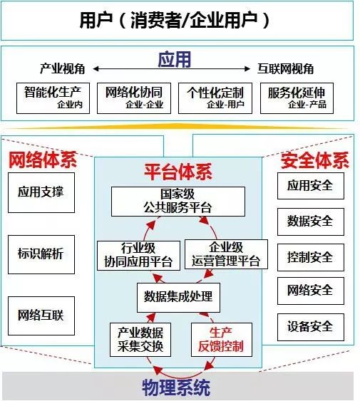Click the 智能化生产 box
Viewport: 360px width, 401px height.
tap(53, 98)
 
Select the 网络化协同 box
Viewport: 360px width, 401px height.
tap(134, 98)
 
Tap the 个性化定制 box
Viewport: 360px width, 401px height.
tap(215, 98)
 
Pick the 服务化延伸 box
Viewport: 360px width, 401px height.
tap(297, 98)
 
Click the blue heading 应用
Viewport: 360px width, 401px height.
tap(175, 60)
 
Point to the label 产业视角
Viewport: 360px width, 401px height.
tap(62, 69)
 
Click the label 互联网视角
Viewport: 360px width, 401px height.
tap(285, 69)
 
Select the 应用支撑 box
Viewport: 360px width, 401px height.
tap(41, 192)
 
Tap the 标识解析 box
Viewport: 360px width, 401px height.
tap(41, 254)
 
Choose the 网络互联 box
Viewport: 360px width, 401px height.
tap(41, 316)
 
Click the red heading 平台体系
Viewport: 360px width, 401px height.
tap(178, 172)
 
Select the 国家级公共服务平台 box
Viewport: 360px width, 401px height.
tap(178, 202)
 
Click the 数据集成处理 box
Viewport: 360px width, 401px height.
tap(178, 298)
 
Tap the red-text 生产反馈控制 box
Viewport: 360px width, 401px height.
tap(222, 340)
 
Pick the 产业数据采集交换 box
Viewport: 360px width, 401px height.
tap(140, 340)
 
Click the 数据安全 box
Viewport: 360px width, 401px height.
tap(311, 222)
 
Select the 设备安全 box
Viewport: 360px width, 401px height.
tap(311, 327)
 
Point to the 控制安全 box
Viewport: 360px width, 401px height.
tap(311, 257)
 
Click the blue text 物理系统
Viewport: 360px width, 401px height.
tap(176, 388)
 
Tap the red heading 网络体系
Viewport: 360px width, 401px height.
tap(43, 160)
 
